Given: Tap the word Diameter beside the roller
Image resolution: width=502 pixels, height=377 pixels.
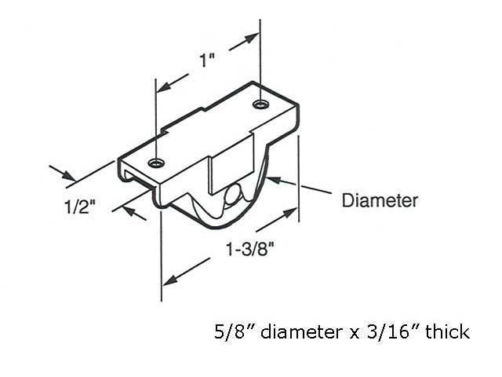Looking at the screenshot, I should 380,200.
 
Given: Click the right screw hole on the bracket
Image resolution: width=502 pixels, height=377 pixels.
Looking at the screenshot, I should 260,104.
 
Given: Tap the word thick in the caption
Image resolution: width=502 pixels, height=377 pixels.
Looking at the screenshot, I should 449,331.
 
